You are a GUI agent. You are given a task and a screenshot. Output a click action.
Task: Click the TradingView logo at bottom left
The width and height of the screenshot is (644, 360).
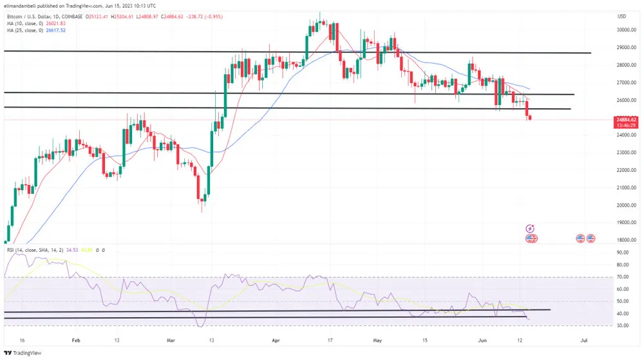click(x=22, y=352)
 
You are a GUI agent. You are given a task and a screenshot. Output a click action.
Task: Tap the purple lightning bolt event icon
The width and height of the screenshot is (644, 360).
click(x=530, y=228)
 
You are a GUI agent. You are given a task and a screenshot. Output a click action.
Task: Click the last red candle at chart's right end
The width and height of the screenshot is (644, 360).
click(x=530, y=117)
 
